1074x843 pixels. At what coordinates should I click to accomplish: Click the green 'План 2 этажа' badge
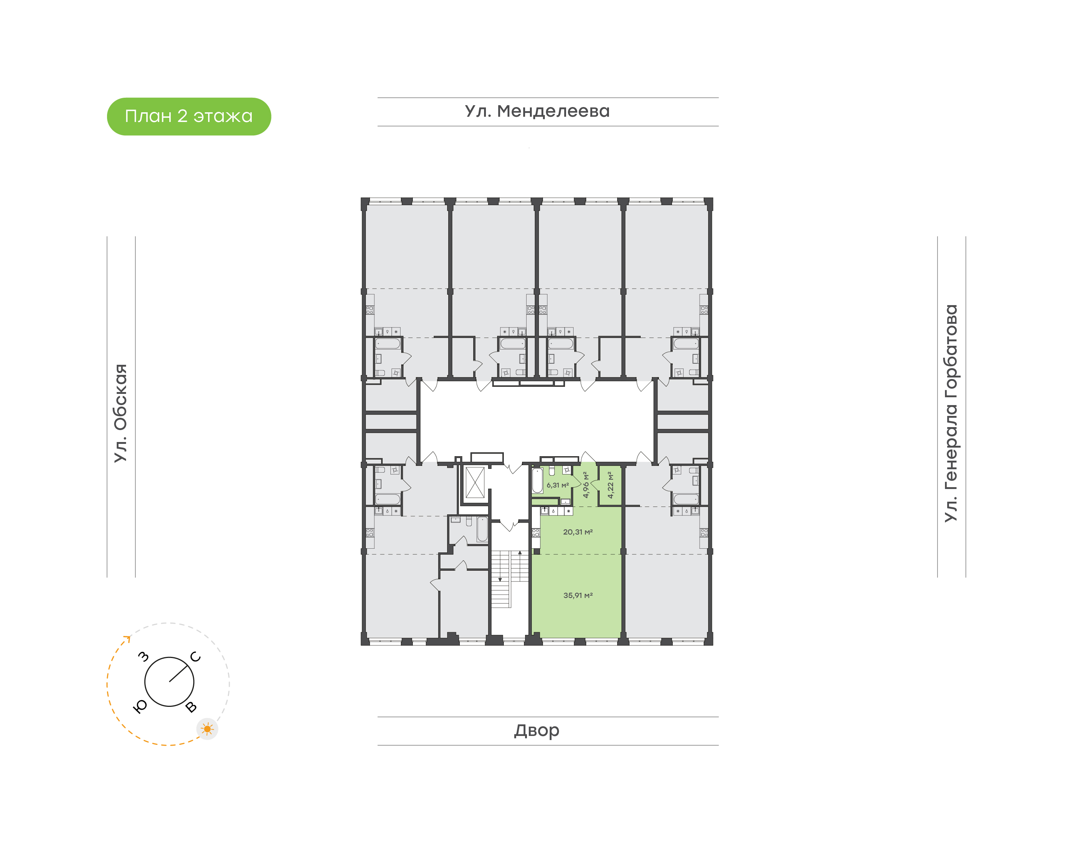[189, 116]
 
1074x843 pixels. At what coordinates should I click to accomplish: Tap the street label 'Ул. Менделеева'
[537, 111]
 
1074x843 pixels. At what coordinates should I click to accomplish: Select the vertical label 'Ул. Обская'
[121, 413]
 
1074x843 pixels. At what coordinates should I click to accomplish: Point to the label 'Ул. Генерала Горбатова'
[951, 413]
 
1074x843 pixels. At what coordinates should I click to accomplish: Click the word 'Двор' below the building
[537, 730]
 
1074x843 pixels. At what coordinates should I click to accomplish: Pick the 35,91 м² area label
[578, 595]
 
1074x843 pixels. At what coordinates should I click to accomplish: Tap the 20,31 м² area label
[578, 532]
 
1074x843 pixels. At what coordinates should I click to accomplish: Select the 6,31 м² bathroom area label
[558, 485]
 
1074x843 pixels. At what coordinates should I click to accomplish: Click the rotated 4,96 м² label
[585, 485]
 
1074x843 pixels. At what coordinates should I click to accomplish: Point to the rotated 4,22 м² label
[610, 485]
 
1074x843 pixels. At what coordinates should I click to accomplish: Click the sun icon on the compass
[207, 729]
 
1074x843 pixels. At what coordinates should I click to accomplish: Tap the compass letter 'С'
[195, 657]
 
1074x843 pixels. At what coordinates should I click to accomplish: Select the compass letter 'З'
[143, 656]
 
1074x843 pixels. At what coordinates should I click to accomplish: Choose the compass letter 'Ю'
[141, 707]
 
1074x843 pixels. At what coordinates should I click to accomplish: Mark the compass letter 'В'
[191, 707]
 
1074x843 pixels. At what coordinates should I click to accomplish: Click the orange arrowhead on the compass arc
[127, 639]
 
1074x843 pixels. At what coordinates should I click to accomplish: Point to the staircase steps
[510, 579]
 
